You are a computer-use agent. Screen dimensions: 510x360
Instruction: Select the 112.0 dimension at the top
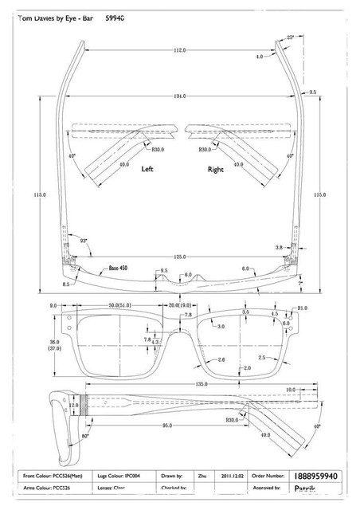click(x=179, y=50)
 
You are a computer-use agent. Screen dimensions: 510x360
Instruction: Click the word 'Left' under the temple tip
click(x=148, y=170)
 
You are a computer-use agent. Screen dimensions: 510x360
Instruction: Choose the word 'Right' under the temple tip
click(x=216, y=170)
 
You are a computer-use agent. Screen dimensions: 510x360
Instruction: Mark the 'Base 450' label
click(x=118, y=269)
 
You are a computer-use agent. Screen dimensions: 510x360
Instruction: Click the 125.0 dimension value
click(x=179, y=257)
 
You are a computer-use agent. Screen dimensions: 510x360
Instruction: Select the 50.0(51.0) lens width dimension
click(x=120, y=304)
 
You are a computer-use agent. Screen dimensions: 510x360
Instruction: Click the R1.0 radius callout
click(x=302, y=308)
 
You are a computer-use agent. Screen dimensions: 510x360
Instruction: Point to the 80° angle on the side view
click(x=86, y=437)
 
